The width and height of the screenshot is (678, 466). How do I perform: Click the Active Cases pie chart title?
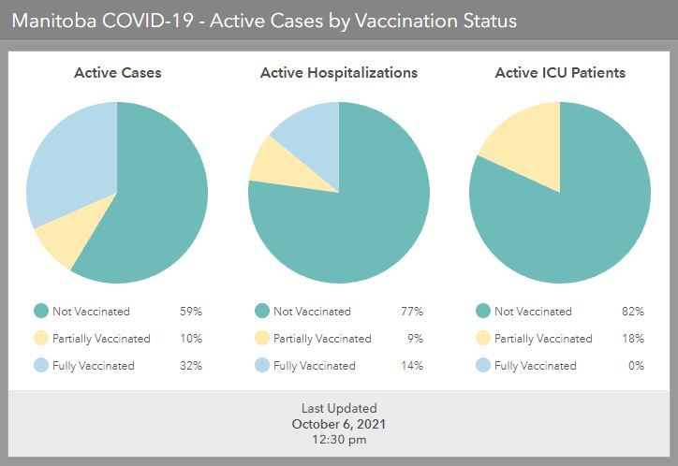click(117, 72)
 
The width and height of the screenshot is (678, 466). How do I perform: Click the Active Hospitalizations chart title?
click(338, 72)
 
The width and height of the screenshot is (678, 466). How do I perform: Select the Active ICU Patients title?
click(560, 72)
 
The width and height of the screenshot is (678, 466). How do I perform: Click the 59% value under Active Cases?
click(191, 312)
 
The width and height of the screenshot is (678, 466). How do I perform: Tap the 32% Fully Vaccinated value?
click(191, 366)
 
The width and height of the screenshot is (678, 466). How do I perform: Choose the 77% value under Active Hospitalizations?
click(412, 312)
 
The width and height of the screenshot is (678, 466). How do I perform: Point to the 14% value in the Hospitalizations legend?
click(412, 366)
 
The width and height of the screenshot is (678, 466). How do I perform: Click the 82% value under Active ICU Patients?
click(633, 312)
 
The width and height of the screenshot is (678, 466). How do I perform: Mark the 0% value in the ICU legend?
click(636, 366)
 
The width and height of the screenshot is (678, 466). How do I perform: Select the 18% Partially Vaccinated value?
click(633, 339)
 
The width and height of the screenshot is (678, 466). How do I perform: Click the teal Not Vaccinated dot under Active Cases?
click(40, 312)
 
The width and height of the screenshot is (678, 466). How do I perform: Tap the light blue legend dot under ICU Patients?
click(482, 366)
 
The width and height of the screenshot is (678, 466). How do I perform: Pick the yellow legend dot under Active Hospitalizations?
click(261, 339)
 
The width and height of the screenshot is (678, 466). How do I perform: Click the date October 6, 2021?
click(338, 423)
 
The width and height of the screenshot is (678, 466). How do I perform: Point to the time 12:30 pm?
click(338, 438)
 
